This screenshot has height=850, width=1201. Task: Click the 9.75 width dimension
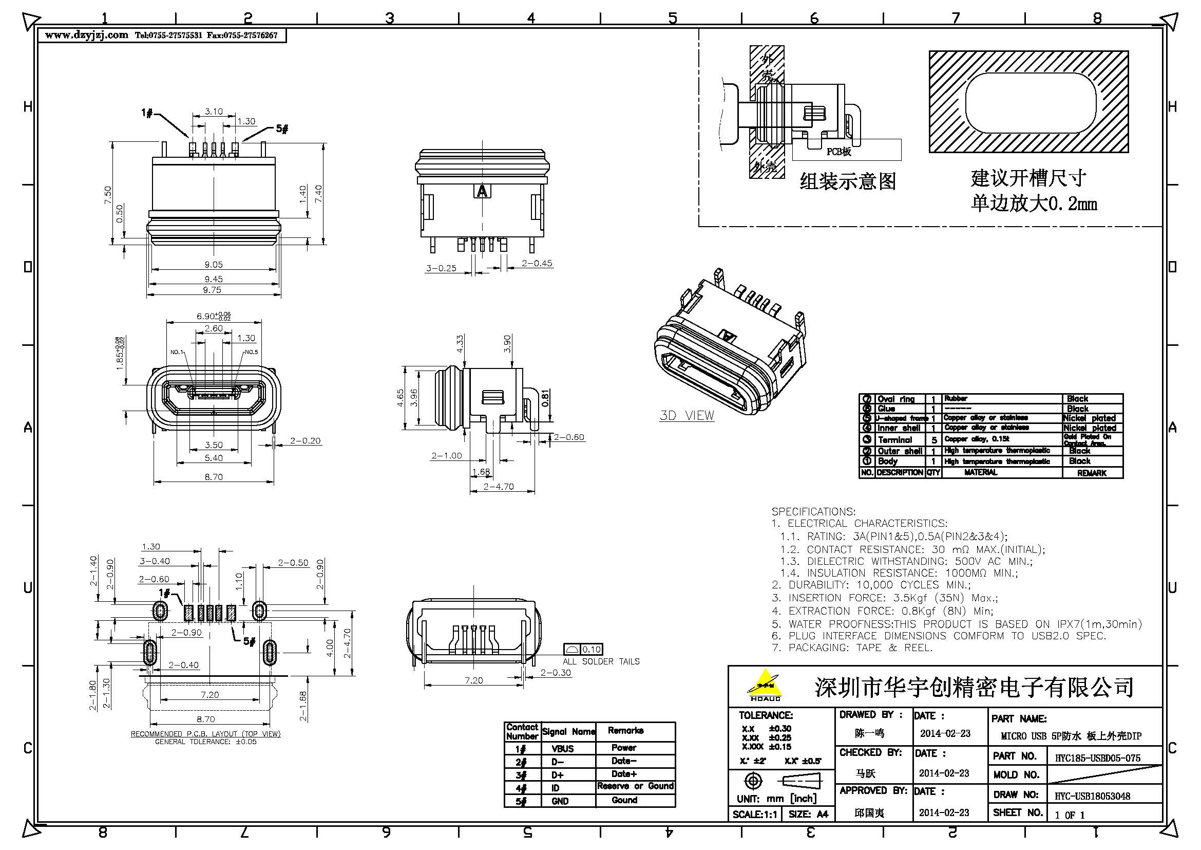coord(213,290)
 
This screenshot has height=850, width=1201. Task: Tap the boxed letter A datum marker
coord(482,191)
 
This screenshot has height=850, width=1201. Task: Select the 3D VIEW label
coord(687,416)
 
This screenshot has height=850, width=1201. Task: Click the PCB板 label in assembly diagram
coord(838,152)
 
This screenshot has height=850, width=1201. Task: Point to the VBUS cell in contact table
coord(562,748)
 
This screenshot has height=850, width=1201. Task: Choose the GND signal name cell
coord(560,801)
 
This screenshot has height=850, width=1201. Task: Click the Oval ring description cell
coord(895,399)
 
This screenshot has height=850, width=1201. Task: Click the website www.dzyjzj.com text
coord(86,35)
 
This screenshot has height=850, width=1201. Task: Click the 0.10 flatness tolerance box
coord(591,650)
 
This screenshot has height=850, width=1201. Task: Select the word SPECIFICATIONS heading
coord(813,511)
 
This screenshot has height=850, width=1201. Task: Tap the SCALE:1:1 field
coord(755,815)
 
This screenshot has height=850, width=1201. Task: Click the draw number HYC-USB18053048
coord(1092,796)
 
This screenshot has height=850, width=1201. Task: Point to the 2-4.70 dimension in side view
coord(499,487)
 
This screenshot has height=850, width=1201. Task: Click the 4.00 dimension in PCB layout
coord(330,650)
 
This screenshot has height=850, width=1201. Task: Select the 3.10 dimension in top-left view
coord(214,112)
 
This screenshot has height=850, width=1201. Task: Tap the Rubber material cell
coord(956,399)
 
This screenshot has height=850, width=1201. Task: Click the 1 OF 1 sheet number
coord(1070,815)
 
